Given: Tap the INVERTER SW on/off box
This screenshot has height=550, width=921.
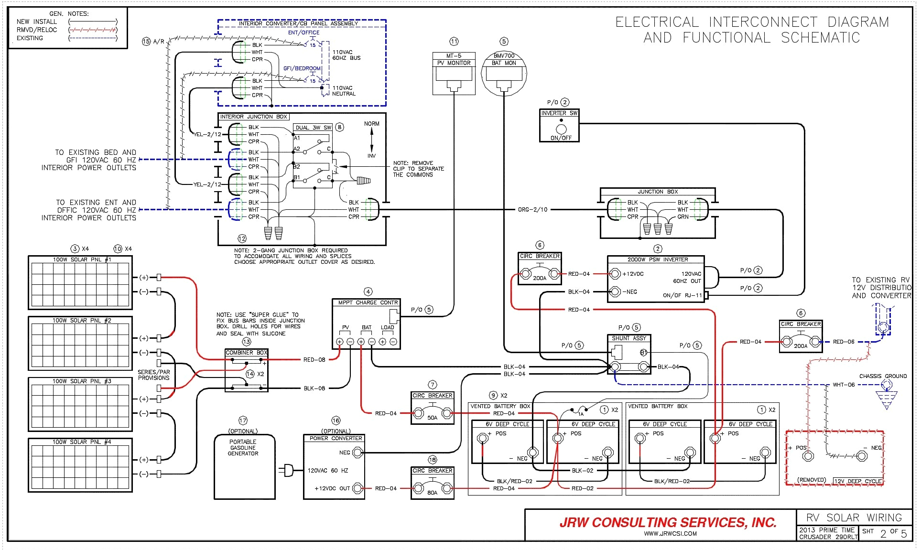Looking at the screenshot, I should click(560, 126).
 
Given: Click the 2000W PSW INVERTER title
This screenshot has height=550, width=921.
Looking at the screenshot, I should click(657, 259).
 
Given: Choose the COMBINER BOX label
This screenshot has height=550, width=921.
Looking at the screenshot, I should click(246, 353).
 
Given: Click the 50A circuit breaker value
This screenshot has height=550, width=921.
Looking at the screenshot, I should click(432, 418).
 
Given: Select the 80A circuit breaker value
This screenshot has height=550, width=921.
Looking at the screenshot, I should click(432, 493).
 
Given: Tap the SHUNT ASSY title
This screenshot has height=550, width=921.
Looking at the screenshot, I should click(628, 338).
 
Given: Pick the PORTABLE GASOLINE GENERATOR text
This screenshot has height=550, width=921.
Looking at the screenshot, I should click(243, 448).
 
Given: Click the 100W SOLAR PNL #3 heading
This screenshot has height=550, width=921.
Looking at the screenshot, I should click(81, 381).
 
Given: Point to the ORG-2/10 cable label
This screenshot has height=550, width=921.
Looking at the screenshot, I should click(532, 210).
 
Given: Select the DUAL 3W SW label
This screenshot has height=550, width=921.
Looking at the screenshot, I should click(313, 128).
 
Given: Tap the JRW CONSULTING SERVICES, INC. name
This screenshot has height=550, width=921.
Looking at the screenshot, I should click(668, 522).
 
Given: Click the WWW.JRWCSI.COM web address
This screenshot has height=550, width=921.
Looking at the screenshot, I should click(670, 534).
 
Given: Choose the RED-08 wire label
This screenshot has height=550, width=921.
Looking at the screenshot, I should click(314, 360).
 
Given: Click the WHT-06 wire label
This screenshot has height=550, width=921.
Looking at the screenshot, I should click(843, 385).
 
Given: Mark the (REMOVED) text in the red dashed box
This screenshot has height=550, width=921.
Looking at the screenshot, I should click(811, 480).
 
